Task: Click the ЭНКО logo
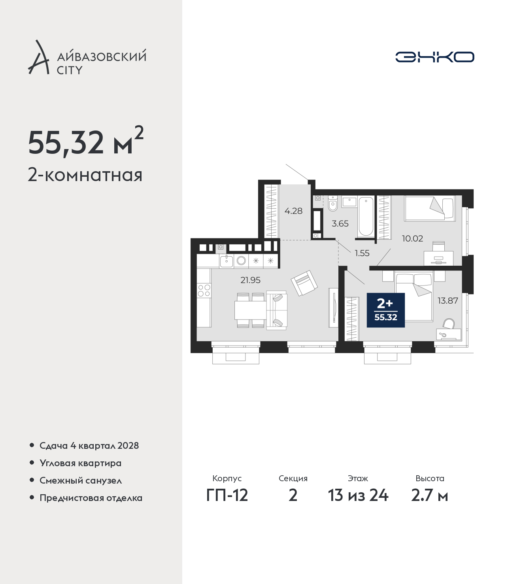pyautogui.click(x=434, y=57)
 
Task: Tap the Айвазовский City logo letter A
pyautogui.click(x=39, y=57)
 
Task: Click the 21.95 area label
pyautogui.click(x=250, y=280)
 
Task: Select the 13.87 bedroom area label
pyautogui.click(x=448, y=301)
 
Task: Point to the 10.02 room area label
pyautogui.click(x=412, y=238)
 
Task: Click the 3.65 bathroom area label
pyautogui.click(x=340, y=223)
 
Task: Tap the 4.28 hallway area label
pyautogui.click(x=294, y=211)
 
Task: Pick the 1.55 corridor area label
pyautogui.click(x=362, y=253)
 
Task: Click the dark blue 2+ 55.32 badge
pyautogui.click(x=386, y=310)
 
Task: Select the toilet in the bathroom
pyautogui.click(x=333, y=203)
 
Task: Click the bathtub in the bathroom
pyautogui.click(x=366, y=217)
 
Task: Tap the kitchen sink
pyautogui.click(x=226, y=261)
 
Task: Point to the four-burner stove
pyautogui.click(x=204, y=290)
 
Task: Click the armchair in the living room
pyautogui.click(x=304, y=283)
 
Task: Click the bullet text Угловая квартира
pyautogui.click(x=81, y=463)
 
